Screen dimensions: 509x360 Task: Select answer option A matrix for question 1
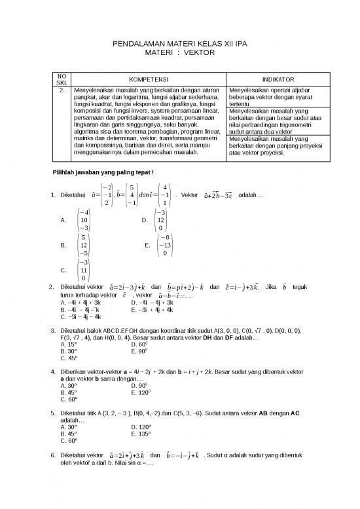(x=83, y=220)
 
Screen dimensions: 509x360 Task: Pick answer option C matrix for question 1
(x=83, y=269)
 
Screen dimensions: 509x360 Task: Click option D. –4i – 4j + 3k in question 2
(x=152, y=303)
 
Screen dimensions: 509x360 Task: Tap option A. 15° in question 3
(x=68, y=344)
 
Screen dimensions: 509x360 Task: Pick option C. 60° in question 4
(x=68, y=399)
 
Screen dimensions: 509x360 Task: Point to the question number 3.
(x=52, y=330)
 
